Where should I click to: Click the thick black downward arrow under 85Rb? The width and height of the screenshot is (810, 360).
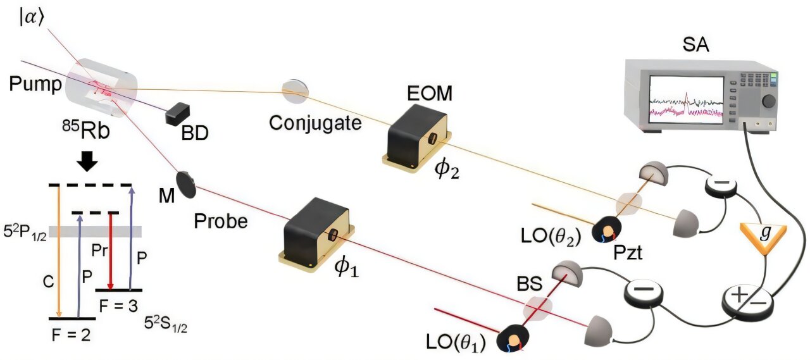pyautogui.click(x=88, y=163)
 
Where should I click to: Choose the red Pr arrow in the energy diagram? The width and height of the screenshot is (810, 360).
pyautogui.click(x=111, y=251)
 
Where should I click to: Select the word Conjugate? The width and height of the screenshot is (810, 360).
pyautogui.click(x=315, y=122)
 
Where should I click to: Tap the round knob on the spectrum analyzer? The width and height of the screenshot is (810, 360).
pyautogui.click(x=769, y=102)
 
